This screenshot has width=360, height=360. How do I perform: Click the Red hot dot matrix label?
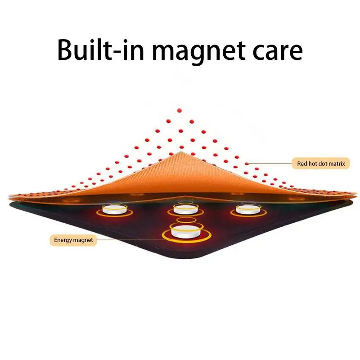click(321, 164)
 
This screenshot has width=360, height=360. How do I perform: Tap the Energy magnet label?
click(73, 240)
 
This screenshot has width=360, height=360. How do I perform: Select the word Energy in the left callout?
click(63, 240)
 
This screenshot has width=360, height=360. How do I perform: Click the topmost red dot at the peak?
click(179, 109)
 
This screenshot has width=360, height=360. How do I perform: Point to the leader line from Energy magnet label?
click(130, 239)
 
